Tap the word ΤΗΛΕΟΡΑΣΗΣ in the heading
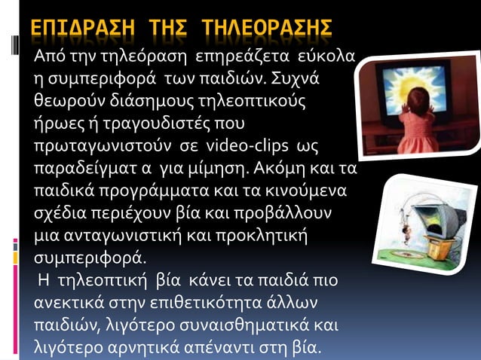click(268, 29)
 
